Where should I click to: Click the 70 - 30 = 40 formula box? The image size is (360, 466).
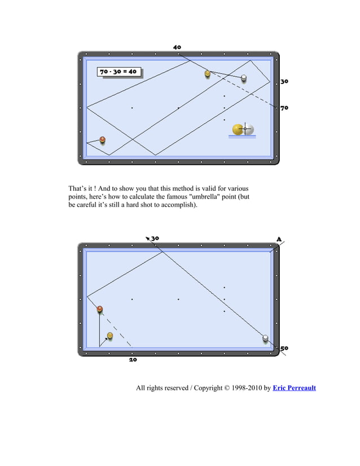[x=118, y=72]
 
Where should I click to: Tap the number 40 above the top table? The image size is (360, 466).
[x=177, y=47]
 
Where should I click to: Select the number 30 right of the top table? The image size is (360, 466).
[x=284, y=81]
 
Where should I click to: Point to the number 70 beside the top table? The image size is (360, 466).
[x=284, y=107]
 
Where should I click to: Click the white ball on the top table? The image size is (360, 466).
[x=244, y=78]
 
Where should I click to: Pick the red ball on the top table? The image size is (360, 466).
[x=103, y=139]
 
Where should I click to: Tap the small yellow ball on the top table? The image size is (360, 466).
[x=208, y=73]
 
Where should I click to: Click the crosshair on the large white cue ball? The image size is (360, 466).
[x=245, y=129]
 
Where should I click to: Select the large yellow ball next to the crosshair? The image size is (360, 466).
[x=238, y=129]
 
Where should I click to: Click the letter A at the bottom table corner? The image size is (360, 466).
[x=279, y=239]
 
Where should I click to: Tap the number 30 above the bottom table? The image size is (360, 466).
[x=155, y=238]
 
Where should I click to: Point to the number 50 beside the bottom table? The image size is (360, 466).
[x=284, y=348]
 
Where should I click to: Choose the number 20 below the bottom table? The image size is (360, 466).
[x=133, y=359]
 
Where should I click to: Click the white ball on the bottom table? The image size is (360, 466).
[x=265, y=338]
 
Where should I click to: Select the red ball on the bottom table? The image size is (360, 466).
[x=100, y=309]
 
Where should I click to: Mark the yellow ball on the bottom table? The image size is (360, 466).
[x=110, y=336]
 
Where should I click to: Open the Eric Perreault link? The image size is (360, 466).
[x=294, y=388]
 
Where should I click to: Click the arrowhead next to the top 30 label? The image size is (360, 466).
[x=147, y=238]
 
